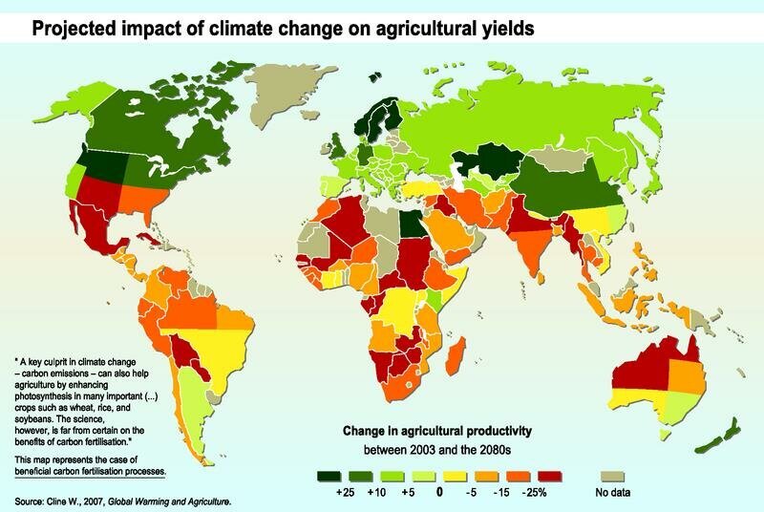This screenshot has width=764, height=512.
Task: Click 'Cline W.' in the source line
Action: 70,501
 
